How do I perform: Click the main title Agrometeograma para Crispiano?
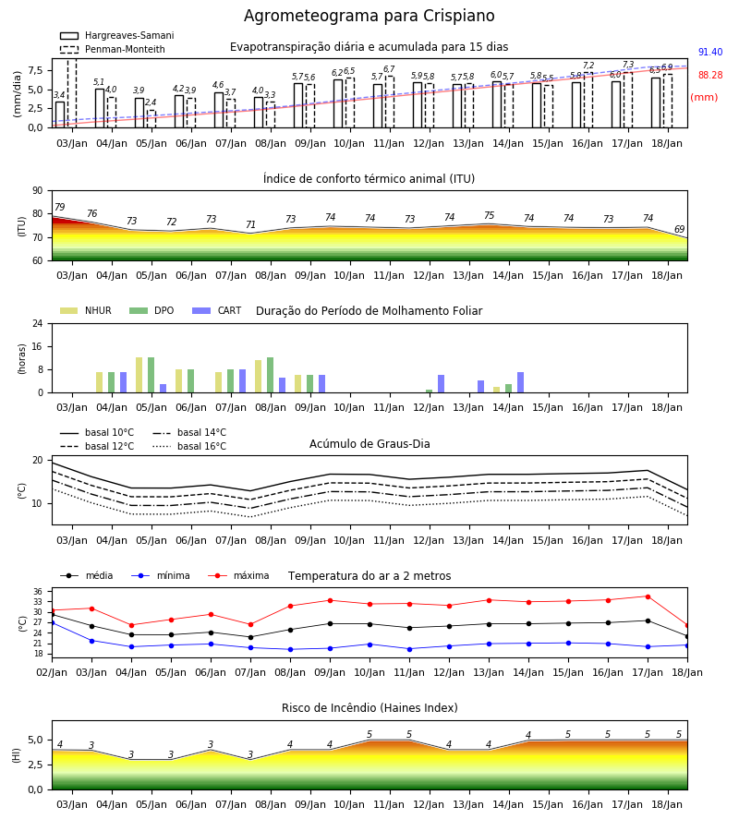369,16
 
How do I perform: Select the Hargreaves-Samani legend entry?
117,35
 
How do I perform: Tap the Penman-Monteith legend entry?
113,49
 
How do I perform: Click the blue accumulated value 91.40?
710,52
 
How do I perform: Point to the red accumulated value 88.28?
710,76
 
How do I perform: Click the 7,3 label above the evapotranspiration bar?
627,65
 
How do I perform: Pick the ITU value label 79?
59,207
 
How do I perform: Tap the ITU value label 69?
679,230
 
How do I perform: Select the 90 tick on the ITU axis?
38,191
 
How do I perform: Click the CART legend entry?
217,310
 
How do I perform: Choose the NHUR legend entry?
86,310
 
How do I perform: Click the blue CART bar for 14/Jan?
521,382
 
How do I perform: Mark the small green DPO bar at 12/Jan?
429,391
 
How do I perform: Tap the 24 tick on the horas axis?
38,324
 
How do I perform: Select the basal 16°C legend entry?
189,446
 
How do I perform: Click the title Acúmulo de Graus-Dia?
369,444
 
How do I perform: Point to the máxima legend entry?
238,575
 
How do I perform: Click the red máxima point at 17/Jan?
648,596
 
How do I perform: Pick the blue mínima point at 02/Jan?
53,622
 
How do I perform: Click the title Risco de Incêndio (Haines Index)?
369,708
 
